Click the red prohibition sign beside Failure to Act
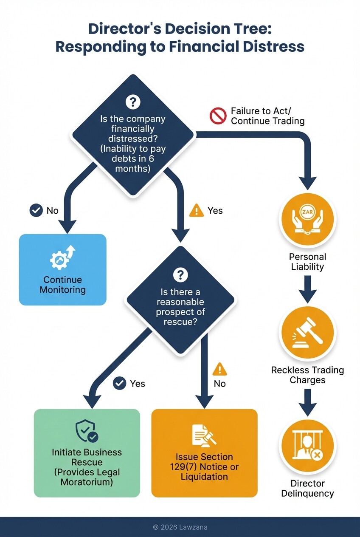[x=218, y=116]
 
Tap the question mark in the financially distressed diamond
[x=133, y=102]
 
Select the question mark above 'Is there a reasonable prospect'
[x=181, y=274]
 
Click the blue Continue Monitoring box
[x=62, y=269]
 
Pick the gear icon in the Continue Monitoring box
[x=60, y=259]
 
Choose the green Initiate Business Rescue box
[x=87, y=453]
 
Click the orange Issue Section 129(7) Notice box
[x=204, y=453]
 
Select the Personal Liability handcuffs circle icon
[x=307, y=220]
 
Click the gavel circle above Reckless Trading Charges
[x=307, y=333]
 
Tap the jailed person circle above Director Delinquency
[x=307, y=446]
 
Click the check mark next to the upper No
[x=36, y=210]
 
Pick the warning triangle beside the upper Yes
[x=196, y=210]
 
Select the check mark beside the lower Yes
[x=120, y=383]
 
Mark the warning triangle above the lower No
[x=219, y=369]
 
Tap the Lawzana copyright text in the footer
[x=180, y=527]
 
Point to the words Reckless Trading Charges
[x=307, y=375]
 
